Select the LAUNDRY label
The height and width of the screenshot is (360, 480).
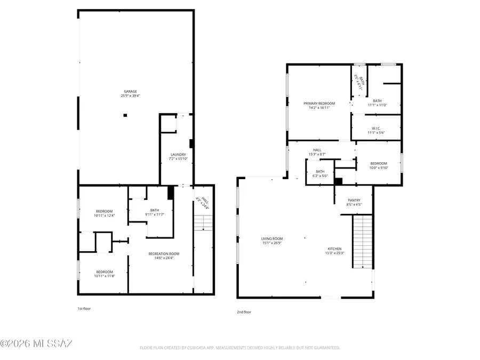178,155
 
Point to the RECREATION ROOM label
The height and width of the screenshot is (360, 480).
164,253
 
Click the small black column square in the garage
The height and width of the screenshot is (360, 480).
125,115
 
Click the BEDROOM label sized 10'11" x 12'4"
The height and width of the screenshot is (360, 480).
105,210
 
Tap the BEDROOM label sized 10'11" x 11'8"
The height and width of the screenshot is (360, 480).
105,271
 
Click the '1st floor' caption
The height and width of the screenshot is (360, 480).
84,308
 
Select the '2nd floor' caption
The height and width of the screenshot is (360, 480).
244,312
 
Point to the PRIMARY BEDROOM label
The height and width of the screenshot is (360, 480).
319,103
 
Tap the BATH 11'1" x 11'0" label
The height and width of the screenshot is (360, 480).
377,101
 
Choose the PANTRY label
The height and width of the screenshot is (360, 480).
355,200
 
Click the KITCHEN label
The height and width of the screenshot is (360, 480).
335,249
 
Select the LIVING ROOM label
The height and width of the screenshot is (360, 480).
271,239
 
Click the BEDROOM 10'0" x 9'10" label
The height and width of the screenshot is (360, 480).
378,163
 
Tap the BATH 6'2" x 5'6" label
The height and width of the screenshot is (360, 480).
319,171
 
